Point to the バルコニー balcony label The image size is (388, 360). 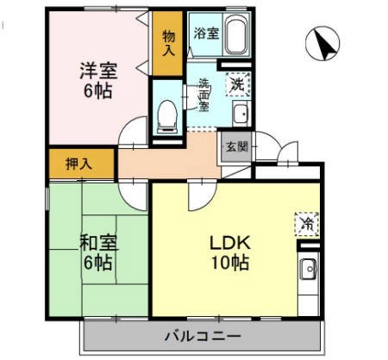tap(203, 335)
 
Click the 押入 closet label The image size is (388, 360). tap(81, 163)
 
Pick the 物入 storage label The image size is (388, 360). tap(168, 42)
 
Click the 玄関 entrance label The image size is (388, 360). tap(236, 146)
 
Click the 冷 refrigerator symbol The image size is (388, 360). tap(306, 222)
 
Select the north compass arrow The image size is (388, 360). tap(322, 44)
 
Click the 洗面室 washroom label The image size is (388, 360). tap(204, 96)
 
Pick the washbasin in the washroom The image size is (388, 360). tap(241, 112)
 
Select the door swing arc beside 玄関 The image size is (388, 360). tap(264, 146)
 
